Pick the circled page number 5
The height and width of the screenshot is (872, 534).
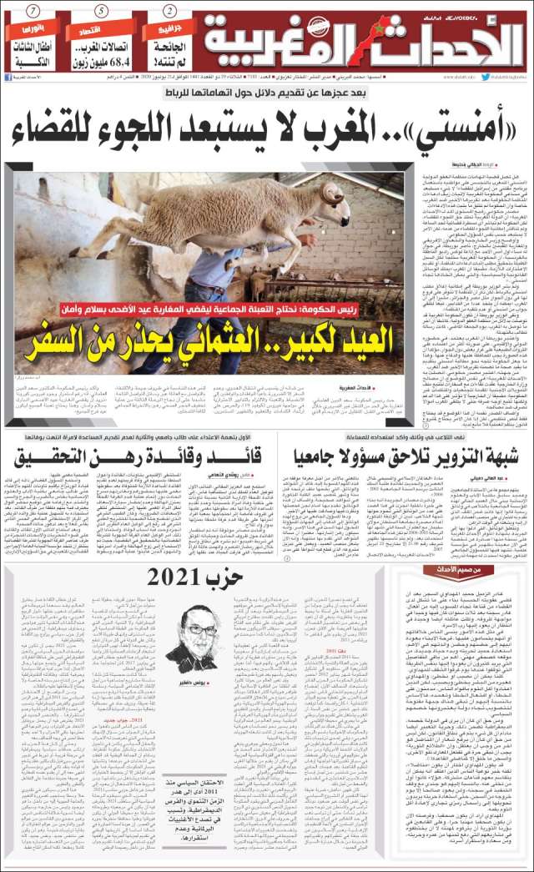pos(100,11)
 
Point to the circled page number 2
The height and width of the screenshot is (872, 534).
pos(169,11)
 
